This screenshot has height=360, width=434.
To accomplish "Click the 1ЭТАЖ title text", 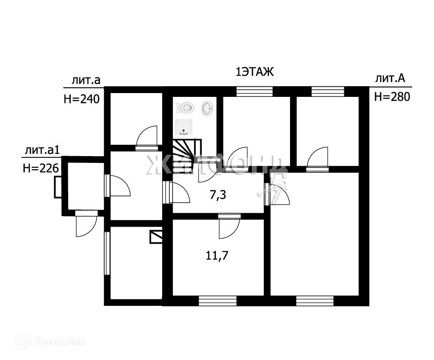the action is [x=255, y=72].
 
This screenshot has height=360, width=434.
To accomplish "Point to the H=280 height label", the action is [x=392, y=97].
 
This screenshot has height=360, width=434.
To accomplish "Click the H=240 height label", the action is [x=81, y=99].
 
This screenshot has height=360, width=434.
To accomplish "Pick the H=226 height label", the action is [x=40, y=168].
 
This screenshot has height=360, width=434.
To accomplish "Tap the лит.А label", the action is [x=390, y=78].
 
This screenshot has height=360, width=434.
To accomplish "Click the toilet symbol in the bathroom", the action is [x=187, y=107].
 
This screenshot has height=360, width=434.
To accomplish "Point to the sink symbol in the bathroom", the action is [x=207, y=108].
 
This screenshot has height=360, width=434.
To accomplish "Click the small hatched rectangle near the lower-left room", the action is [x=156, y=236].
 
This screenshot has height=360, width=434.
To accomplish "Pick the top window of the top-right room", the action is [x=327, y=91].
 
